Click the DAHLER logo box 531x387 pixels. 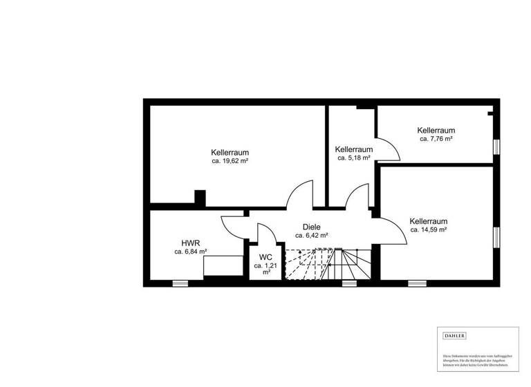coord(454,336)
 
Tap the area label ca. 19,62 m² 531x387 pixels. coord(230,161)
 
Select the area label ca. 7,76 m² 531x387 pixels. coord(436,139)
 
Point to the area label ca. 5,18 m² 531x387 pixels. coord(353,158)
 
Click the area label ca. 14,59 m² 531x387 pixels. coord(428,229)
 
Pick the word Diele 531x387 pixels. coord(311,226)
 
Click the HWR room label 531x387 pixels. coord(191,243)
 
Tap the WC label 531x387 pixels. coord(265,257)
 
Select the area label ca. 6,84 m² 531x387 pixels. coord(191,252)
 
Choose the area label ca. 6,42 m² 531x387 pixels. coord(311,235)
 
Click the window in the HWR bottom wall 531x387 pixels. coord(180,283)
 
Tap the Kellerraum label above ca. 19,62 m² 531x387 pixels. coord(230,152)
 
